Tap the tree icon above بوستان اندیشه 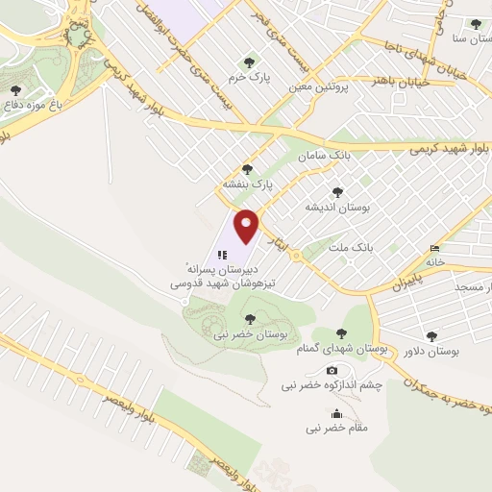336,192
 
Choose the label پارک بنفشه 248,183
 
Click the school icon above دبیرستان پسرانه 222,255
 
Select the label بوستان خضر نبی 250,332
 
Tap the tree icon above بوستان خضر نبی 250,318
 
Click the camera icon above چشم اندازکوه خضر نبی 332,371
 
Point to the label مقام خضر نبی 336,429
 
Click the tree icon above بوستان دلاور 431,336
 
